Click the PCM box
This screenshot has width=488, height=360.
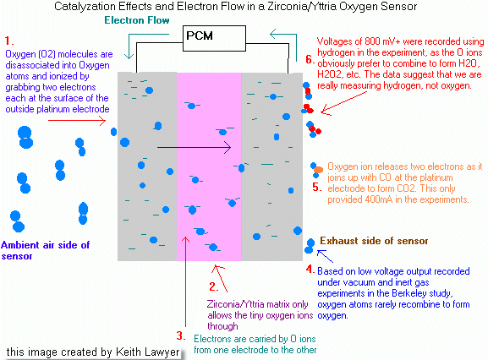click(x=214, y=38)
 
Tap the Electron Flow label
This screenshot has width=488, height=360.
click(x=137, y=20)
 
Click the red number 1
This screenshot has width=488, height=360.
click(x=8, y=41)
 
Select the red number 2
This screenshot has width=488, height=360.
click(x=213, y=286)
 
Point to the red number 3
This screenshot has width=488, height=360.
click(x=181, y=335)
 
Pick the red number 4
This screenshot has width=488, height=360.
click(x=310, y=269)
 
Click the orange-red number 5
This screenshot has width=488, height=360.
click(x=317, y=187)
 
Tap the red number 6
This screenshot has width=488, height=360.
click(x=310, y=59)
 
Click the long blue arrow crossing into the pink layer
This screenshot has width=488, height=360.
click(x=195, y=147)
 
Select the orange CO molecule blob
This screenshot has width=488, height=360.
click(x=318, y=170)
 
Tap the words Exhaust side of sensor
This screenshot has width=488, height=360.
click(x=374, y=241)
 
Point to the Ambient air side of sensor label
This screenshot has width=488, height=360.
click(x=45, y=250)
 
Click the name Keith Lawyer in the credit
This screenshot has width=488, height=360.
click(x=147, y=352)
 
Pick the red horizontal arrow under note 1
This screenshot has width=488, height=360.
click(x=77, y=120)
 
